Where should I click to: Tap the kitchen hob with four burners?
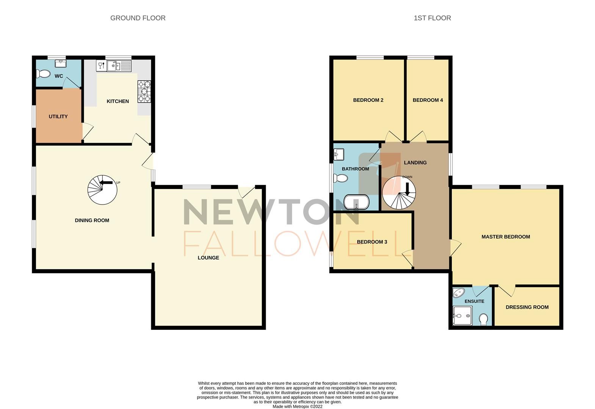point(144,92)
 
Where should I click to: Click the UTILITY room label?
point(58,116)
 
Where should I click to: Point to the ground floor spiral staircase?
point(102,189)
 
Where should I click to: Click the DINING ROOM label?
point(92,220)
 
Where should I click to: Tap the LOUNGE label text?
point(208,258)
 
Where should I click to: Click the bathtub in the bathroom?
point(356,202)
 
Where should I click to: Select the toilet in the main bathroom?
point(341,178)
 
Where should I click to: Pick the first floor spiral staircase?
point(399,193)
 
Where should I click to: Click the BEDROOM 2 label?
point(368,100)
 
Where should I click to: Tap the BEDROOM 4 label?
point(427,100)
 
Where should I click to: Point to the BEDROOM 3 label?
point(372,242)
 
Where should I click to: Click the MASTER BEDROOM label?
point(506,237)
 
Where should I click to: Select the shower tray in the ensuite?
point(462,315)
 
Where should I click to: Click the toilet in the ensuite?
point(484,319)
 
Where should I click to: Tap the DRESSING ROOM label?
point(527,307)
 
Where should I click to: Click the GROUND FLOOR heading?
point(138,18)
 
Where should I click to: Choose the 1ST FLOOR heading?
point(432,18)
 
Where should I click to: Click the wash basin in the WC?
point(60,62)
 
